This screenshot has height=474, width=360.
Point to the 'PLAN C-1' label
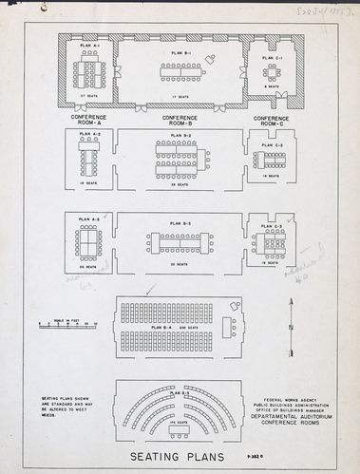tap(272, 58)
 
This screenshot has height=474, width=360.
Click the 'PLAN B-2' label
tap(180, 136)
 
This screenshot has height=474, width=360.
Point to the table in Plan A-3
tap(88, 243)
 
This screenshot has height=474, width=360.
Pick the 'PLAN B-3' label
tap(180, 223)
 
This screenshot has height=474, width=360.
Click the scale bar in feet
tap(67, 325)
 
